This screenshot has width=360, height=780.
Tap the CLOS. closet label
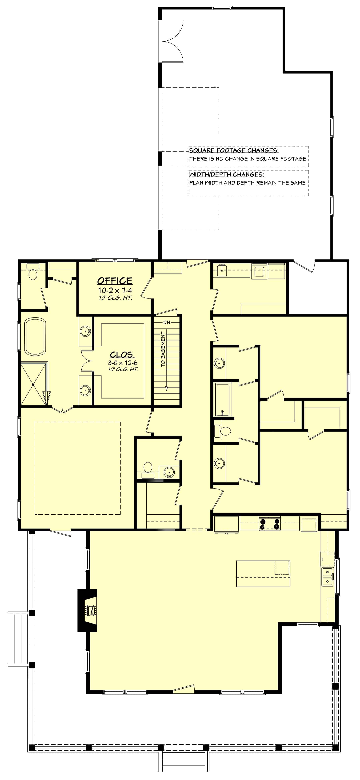coord(122,354)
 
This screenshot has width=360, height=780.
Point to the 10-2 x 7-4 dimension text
coord(115,290)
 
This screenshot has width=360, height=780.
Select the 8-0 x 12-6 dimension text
coord(123,363)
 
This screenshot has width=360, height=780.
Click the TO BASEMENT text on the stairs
coord(163,349)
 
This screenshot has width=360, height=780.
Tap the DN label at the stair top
coord(167,322)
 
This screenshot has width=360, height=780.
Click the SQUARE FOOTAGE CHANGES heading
coord(234,150)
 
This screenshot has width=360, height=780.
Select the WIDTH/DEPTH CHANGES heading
coord(226,175)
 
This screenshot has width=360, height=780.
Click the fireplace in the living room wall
coord(88,610)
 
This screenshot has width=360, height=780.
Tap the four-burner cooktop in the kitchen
coord(269,524)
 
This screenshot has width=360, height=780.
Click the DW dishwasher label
coord(322,559)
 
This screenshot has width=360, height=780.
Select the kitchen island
coord(263,574)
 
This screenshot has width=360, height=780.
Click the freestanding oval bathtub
coord(35,336)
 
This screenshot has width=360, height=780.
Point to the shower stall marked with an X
coord(33,384)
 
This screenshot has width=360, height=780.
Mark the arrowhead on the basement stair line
coord(167,388)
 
